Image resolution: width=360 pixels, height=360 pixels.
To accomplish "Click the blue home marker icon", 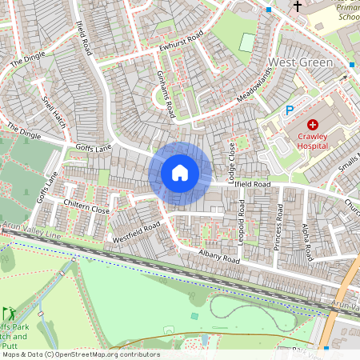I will pos(180,172).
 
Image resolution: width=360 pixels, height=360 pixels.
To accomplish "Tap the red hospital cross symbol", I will pos(312,125).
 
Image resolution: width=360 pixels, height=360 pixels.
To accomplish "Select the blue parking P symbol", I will pos(290,111).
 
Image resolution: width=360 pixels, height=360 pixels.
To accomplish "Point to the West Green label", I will pos(299,62).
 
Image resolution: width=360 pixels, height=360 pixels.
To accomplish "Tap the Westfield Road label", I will pos(136,231).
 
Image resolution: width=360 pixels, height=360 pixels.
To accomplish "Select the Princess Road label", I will pos(279,227).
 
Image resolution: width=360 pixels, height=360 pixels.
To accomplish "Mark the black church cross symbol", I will pos(298,6).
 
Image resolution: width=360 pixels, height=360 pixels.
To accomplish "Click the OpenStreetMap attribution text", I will pos(80,354).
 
